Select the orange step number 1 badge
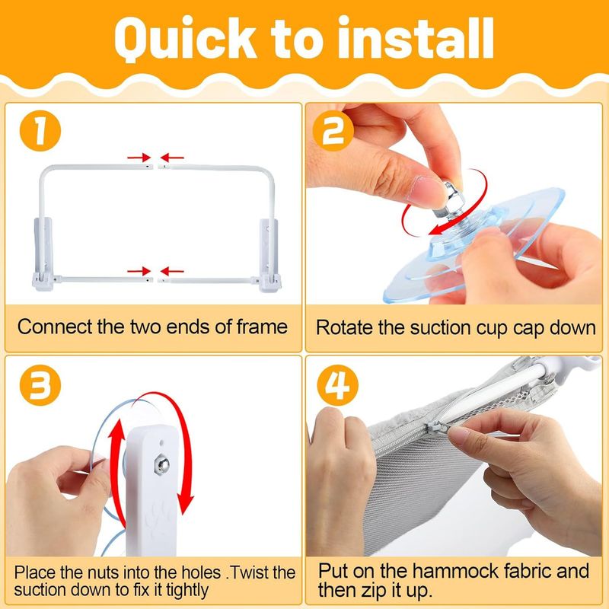(40, 131)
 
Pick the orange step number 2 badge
(333, 131)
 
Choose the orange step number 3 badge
(40, 385)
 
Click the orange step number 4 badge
(337, 385)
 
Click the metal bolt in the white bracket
(161, 465)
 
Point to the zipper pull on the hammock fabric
(438, 428)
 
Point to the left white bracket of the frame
(42, 254)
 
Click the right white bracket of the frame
(269, 254)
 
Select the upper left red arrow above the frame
(139, 158)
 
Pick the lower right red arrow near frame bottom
(172, 271)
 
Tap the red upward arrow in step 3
(117, 473)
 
